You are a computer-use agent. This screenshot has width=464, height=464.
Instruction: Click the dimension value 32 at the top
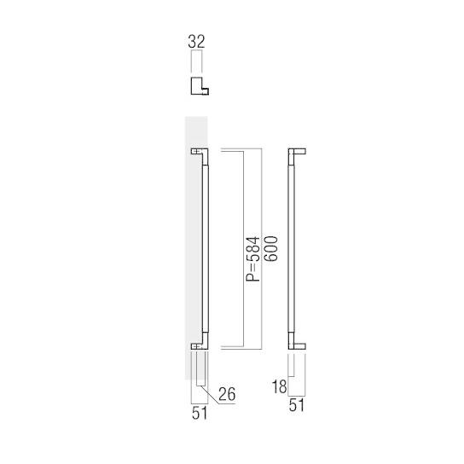[197, 40]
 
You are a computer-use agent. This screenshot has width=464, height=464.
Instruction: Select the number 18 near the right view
[279, 386]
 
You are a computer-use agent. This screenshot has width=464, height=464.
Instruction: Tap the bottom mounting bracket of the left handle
[198, 345]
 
